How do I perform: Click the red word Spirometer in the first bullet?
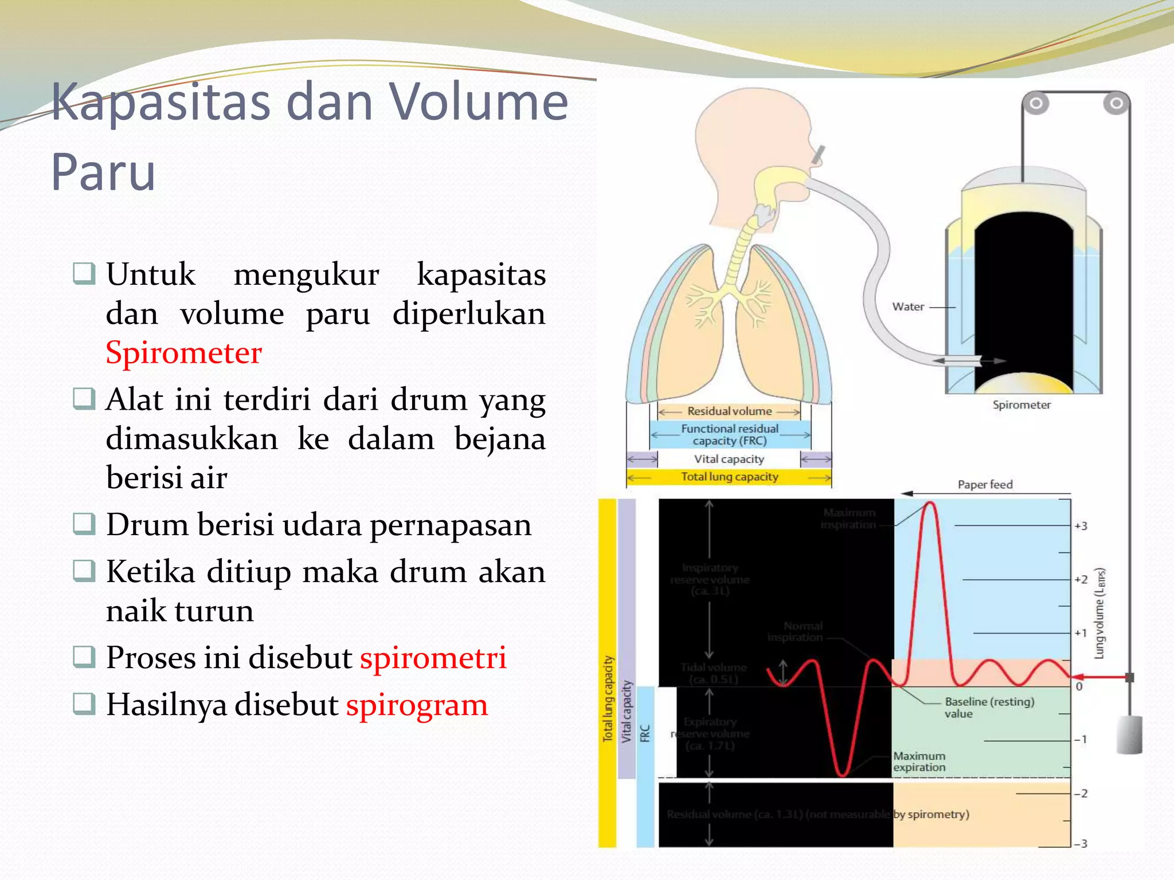tap(183, 352)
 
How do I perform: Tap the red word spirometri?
tap(433, 657)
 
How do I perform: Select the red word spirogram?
tap(417, 704)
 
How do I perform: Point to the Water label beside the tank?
tap(908, 307)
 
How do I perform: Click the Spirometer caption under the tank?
tap(1022, 404)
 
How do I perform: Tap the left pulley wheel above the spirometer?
tap(1036, 104)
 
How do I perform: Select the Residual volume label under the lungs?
tap(729, 411)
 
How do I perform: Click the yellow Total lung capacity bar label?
tap(729, 477)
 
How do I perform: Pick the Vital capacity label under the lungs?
tap(729, 459)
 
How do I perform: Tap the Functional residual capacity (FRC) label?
tap(729, 434)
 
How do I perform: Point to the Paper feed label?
tap(985, 485)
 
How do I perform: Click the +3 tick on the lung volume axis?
tap(1081, 526)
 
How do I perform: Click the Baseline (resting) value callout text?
tap(988, 707)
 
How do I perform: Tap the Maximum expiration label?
tap(919, 761)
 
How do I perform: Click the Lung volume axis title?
tap(1099, 613)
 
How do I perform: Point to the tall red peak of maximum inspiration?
tap(930, 505)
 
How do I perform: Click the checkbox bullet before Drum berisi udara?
tap(84, 524)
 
